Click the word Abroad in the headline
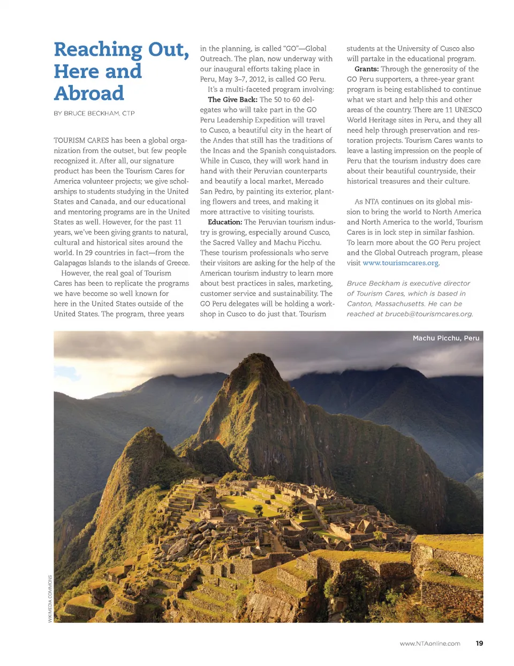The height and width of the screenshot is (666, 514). (x=89, y=93)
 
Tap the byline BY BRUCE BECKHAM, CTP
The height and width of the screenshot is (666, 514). (x=94, y=113)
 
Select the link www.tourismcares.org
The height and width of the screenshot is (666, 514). (x=400, y=263)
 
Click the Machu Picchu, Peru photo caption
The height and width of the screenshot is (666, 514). (x=445, y=338)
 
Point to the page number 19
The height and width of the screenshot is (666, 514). (x=479, y=643)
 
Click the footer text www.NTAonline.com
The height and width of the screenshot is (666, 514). (x=429, y=644)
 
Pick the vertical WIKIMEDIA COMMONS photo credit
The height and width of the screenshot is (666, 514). (x=50, y=599)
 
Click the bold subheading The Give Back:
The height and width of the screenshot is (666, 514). (x=232, y=99)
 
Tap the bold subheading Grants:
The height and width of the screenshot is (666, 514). (x=366, y=69)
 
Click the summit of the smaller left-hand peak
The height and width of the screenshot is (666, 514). (x=143, y=431)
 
